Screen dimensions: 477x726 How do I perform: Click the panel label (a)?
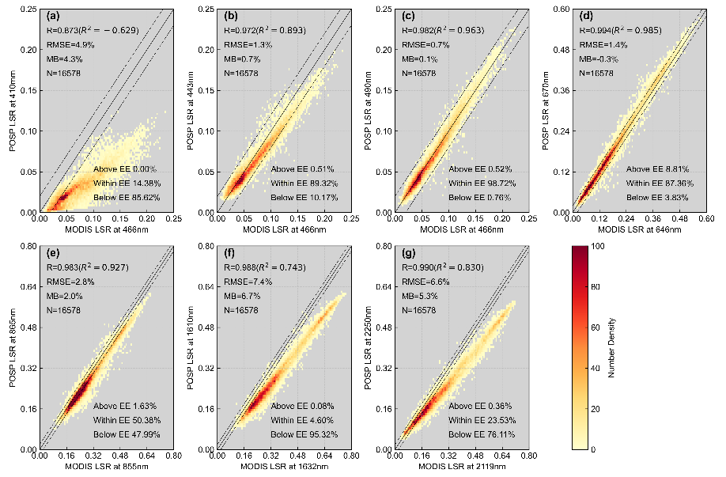click(52, 16)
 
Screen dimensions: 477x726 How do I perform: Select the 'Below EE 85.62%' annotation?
click(124, 197)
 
